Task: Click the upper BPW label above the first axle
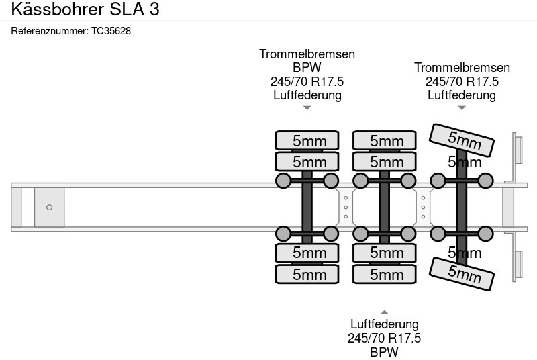[x=307, y=68]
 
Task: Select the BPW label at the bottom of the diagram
[x=384, y=352]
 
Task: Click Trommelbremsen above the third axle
[x=462, y=68]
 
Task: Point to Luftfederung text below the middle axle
[x=384, y=324]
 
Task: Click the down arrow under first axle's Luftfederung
[x=307, y=107]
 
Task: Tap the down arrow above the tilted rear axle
[x=462, y=107]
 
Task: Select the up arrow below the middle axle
[x=384, y=312]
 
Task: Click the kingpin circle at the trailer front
[x=49, y=208]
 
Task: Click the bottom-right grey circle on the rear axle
[x=485, y=234]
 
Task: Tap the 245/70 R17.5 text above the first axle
[x=307, y=81]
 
